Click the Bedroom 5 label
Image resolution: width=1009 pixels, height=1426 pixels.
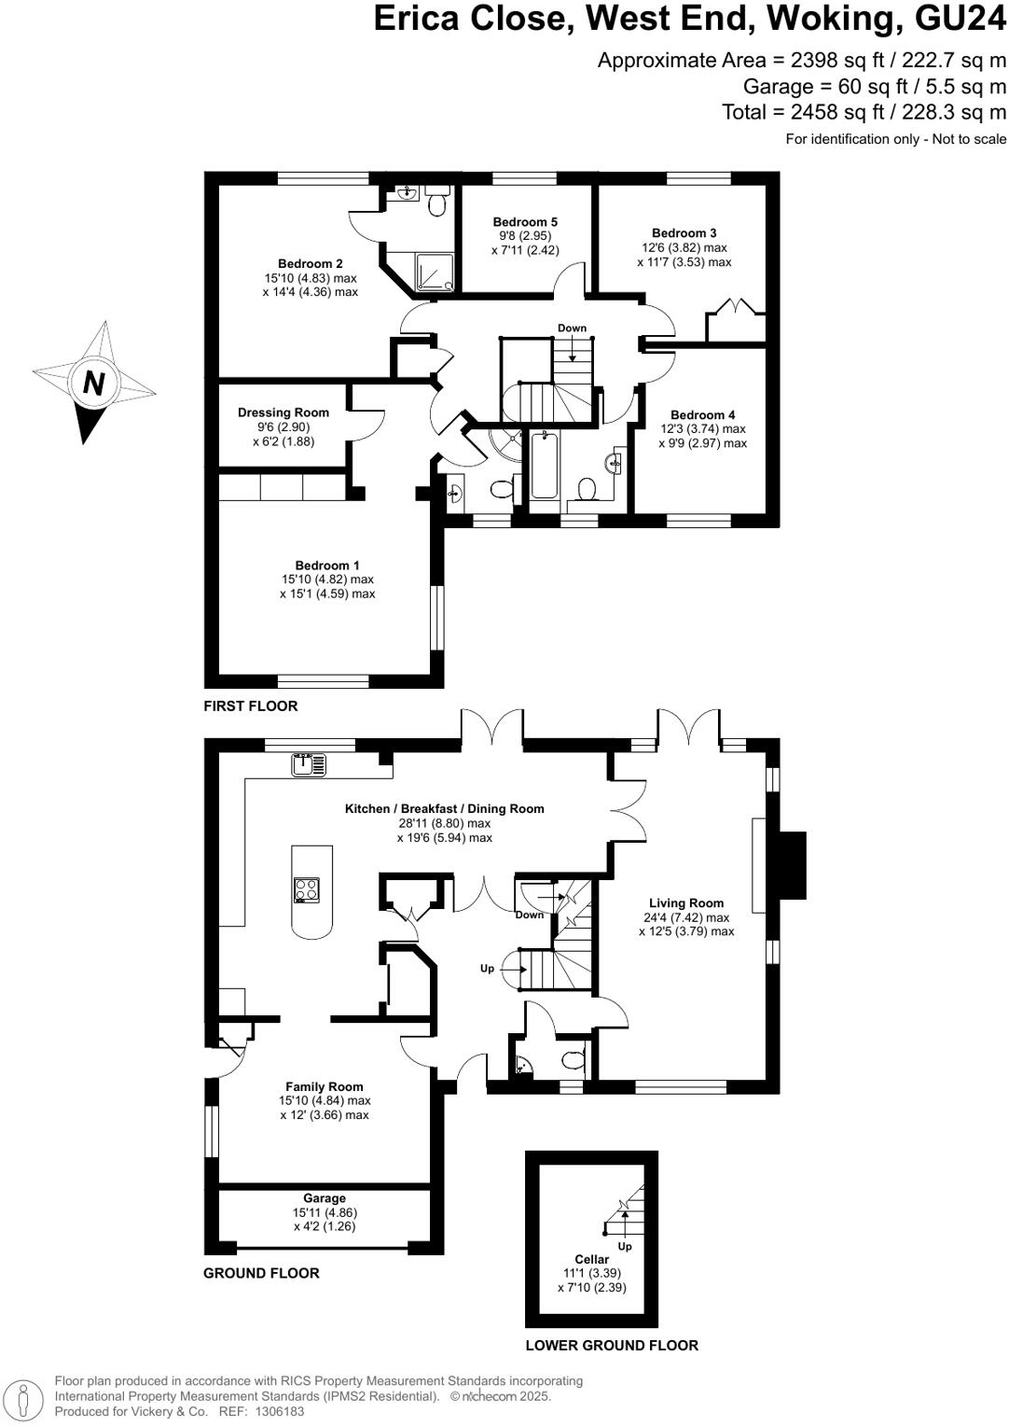pos(525,222)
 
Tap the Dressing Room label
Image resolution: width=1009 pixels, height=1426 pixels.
pos(283,412)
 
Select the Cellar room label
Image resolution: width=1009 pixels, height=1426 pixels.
pos(591,1259)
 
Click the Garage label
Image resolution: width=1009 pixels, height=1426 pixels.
pos(324,1198)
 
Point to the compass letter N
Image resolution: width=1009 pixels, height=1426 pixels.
pos(93,383)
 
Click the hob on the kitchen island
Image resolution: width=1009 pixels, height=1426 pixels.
pos(306,890)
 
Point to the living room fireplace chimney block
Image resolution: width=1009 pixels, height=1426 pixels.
pos(792,864)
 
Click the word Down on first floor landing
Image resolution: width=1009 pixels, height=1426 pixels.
pos(572,328)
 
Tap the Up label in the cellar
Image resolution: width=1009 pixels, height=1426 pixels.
pos(625,1246)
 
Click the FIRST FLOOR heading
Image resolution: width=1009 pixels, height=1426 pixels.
pos(251,706)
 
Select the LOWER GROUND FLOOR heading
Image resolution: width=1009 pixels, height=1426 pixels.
pos(612,1346)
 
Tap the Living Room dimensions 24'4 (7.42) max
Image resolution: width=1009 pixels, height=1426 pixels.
pos(686,917)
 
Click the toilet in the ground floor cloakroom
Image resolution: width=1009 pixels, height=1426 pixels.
pos(574,1060)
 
